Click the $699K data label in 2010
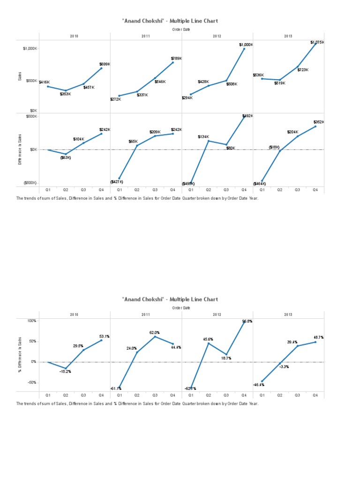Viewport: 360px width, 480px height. coord(105,64)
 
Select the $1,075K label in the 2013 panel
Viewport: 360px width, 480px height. coord(317,42)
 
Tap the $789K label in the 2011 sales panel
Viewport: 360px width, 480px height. coord(176,59)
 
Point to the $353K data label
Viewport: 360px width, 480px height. coord(65,94)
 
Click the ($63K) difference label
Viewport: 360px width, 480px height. coord(65,157)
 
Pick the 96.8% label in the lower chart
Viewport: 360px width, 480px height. coord(247,322)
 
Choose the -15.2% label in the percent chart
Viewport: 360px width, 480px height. coord(65,371)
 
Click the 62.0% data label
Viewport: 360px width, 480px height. coord(155,332)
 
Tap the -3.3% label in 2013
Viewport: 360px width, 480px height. coord(284,367)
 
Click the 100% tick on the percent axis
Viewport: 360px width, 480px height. coord(31,321)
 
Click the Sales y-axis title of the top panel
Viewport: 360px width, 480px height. coord(20,75)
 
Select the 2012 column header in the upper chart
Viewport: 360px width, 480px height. coord(217,36)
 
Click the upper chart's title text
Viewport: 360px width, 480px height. coord(170,21)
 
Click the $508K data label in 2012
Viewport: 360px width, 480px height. coord(232,84)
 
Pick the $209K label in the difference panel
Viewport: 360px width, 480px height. coord(155,132)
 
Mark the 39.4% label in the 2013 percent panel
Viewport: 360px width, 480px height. coord(292,342)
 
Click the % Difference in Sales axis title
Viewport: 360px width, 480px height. coord(20,355)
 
